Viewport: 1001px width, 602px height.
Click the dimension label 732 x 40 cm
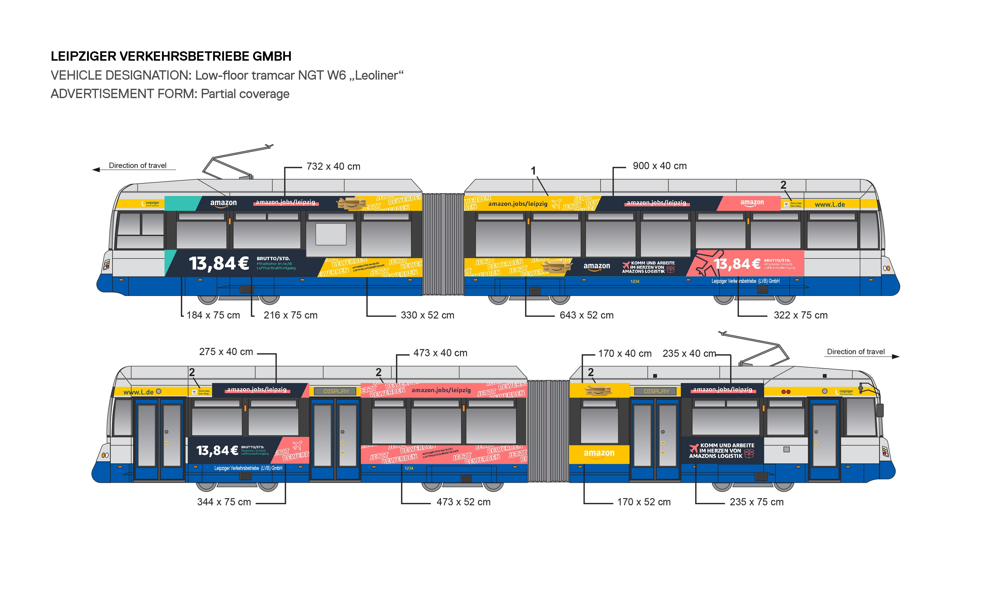tap(333, 166)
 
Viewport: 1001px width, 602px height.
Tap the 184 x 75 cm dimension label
tap(213, 315)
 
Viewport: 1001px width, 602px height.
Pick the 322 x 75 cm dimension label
tap(800, 315)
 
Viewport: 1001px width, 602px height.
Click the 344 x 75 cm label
tap(224, 502)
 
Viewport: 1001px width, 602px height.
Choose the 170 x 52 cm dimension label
tap(644, 502)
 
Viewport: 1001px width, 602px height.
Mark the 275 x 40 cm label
tap(226, 352)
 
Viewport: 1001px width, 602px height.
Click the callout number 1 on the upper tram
tap(533, 171)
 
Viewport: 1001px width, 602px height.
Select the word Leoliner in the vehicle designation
tap(376, 75)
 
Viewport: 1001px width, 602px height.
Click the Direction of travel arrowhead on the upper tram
tap(96, 170)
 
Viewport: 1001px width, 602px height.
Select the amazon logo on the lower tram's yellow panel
tap(599, 453)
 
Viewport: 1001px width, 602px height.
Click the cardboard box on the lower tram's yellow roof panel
tap(598, 390)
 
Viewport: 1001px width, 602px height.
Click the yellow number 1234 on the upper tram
tap(635, 281)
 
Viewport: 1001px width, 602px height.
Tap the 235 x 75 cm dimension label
tap(756, 502)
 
